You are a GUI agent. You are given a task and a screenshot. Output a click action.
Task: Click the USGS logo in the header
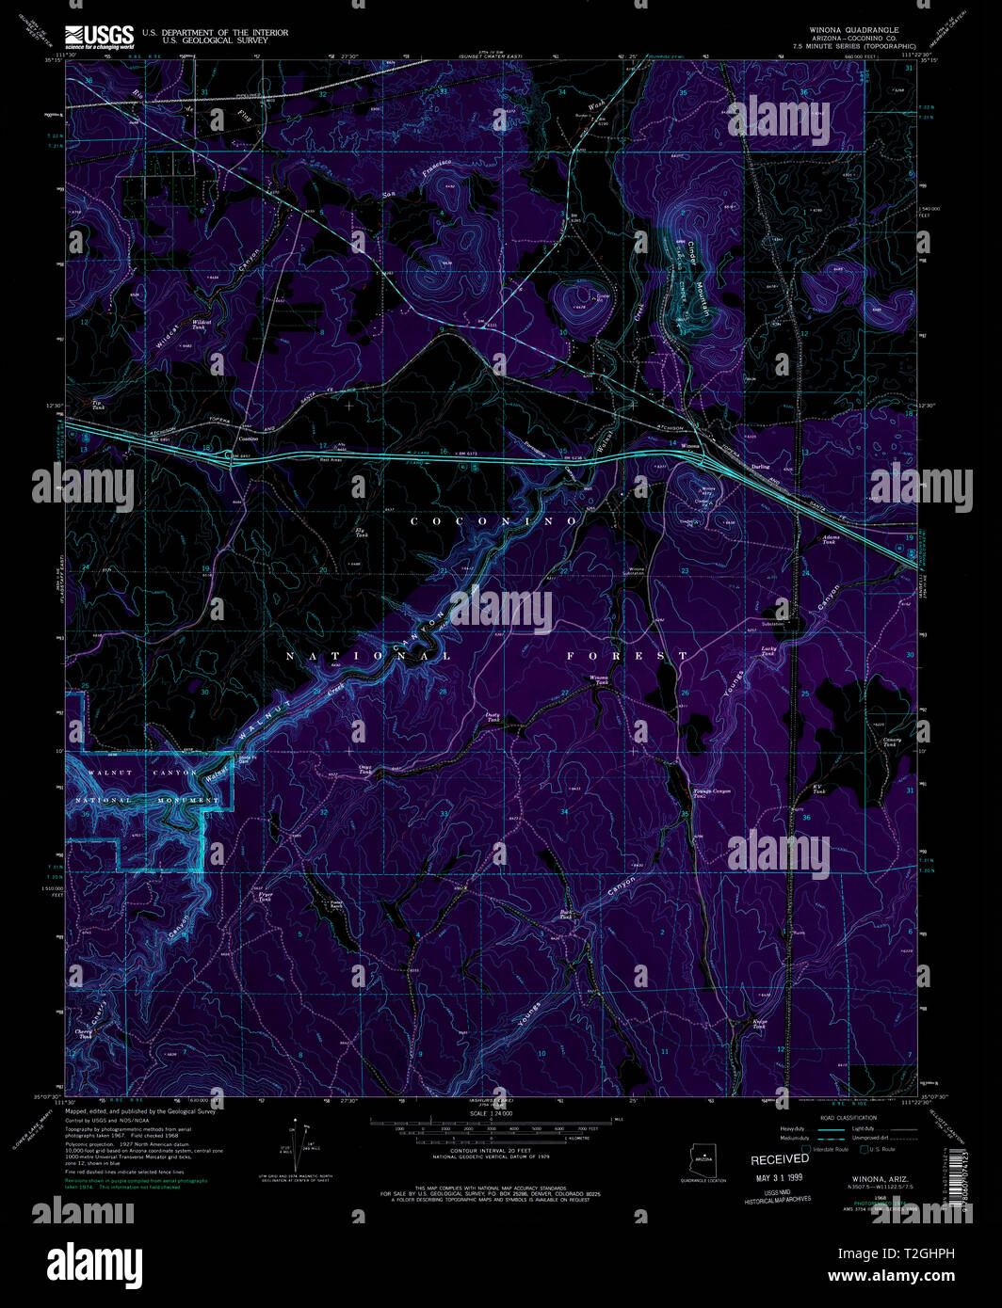click(x=99, y=36)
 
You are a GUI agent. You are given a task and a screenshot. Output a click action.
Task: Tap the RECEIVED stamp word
click(x=779, y=1159)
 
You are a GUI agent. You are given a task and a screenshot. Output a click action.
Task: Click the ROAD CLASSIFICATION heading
click(x=846, y=1116)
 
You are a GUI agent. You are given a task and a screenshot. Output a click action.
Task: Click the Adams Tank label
click(x=830, y=540)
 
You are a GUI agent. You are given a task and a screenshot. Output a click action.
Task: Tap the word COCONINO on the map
click(x=493, y=520)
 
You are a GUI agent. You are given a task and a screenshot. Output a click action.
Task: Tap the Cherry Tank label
click(x=87, y=1031)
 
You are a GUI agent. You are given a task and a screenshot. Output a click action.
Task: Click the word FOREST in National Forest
click(x=627, y=655)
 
